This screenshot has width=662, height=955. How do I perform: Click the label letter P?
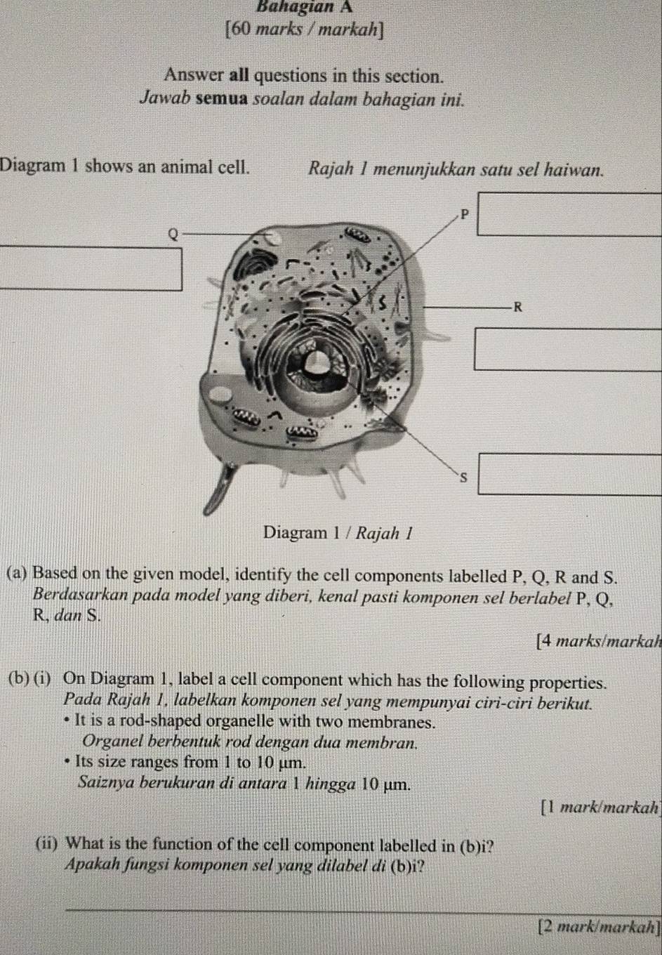tap(464, 213)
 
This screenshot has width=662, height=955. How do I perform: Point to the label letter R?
tap(518, 306)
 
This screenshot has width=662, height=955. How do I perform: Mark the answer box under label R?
tap(569, 348)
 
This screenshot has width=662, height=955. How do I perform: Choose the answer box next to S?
tap(569, 475)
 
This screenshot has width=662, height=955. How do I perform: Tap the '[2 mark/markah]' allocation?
tap(597, 927)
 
